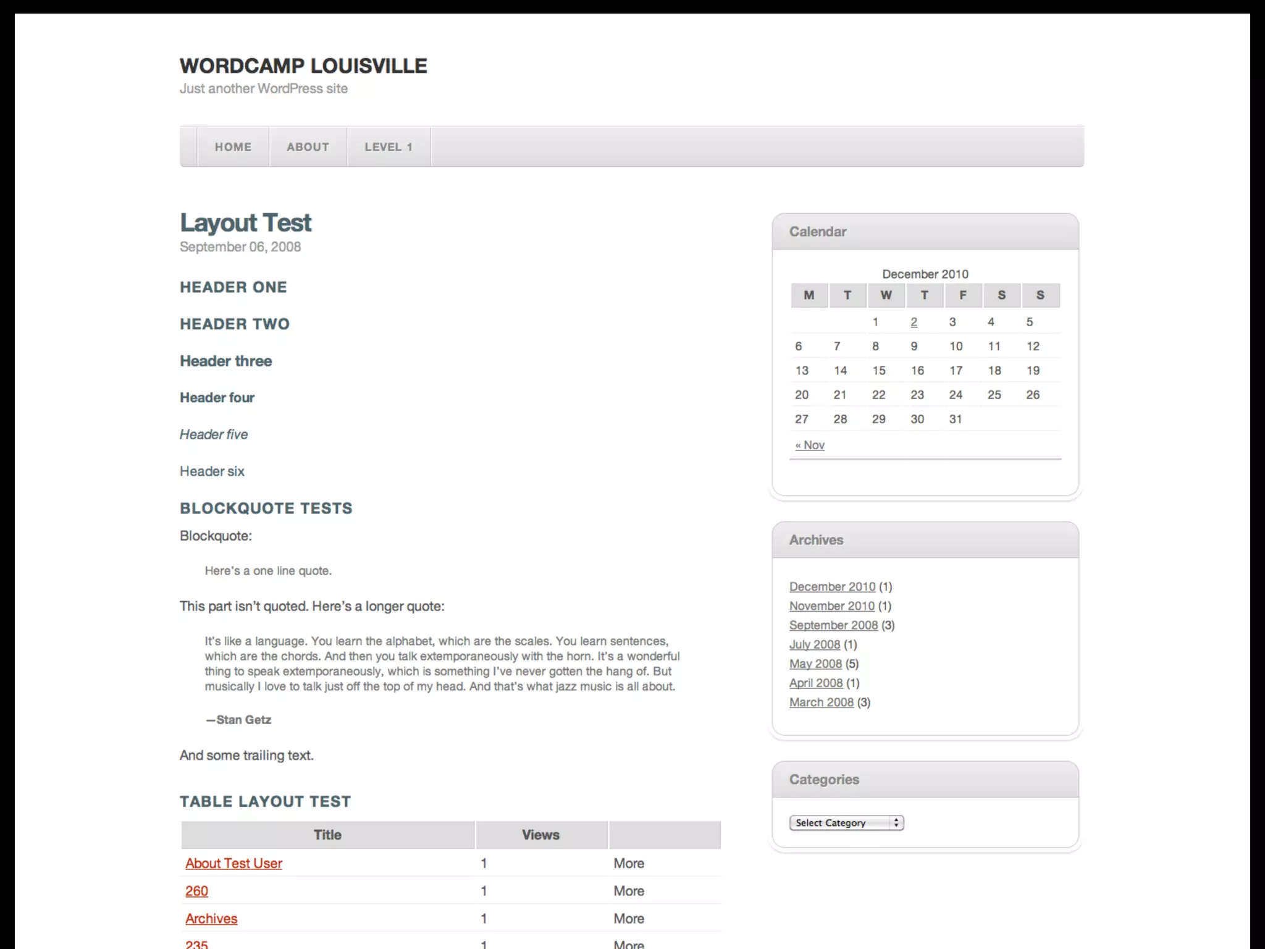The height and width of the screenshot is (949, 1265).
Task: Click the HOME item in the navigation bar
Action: (233, 147)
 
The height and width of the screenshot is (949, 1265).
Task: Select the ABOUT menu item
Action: (308, 147)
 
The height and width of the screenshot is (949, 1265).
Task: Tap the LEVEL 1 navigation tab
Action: (388, 147)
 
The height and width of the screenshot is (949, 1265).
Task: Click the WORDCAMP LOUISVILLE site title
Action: (303, 66)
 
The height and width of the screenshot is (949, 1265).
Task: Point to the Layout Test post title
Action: (245, 223)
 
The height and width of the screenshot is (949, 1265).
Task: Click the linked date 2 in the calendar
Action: (914, 322)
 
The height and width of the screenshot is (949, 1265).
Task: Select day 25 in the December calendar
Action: (994, 395)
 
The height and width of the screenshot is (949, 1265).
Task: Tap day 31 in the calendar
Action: (956, 419)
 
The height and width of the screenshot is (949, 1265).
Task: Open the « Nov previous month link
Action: (810, 445)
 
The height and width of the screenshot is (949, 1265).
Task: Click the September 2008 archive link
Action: (833, 625)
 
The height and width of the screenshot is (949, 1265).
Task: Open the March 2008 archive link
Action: (821, 702)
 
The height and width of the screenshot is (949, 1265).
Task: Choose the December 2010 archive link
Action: (832, 587)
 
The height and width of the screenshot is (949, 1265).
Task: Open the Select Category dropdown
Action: (846, 823)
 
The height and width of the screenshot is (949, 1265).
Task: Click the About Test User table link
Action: (233, 864)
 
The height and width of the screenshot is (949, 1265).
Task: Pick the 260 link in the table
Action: (196, 891)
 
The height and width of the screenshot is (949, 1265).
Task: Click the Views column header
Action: (540, 835)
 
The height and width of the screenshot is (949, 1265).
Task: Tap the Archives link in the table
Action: (211, 919)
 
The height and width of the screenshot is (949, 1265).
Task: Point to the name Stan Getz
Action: (243, 720)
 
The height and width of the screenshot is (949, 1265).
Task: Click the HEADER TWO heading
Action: (235, 324)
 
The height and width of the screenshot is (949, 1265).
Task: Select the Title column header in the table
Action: (327, 835)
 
